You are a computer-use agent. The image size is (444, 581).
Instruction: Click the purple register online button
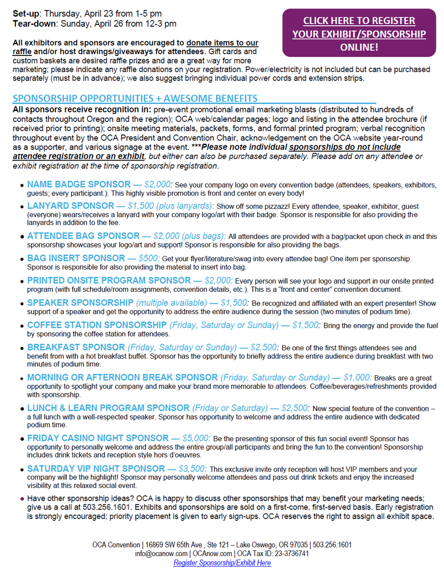tap(359, 33)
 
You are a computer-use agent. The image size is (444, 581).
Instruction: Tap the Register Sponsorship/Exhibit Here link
tap(222, 563)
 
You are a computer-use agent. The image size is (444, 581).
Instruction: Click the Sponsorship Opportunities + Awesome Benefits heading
tap(135, 98)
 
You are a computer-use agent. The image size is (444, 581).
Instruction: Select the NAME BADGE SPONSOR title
tap(79, 185)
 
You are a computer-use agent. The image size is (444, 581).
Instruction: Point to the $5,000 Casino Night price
tap(196, 438)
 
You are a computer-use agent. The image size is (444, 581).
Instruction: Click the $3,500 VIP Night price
tap(192, 469)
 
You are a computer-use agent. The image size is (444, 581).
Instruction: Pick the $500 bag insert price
tap(148, 258)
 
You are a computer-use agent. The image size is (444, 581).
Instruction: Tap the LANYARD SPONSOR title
tap(71, 206)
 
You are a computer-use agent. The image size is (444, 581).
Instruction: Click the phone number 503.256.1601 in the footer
tap(332, 545)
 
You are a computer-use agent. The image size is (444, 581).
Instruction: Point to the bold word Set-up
tap(26, 14)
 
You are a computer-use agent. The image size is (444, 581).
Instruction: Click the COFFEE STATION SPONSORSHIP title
tap(97, 325)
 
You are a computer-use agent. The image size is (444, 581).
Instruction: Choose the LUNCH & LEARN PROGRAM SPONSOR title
tap(108, 408)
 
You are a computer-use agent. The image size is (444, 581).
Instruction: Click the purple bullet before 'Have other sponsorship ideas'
tap(22, 499)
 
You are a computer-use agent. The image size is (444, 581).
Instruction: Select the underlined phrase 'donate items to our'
tap(222, 43)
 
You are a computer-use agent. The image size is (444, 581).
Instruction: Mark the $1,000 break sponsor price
tap(357, 377)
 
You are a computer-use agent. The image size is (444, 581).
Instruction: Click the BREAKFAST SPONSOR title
tap(76, 347)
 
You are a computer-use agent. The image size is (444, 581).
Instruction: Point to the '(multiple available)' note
tap(171, 303)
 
